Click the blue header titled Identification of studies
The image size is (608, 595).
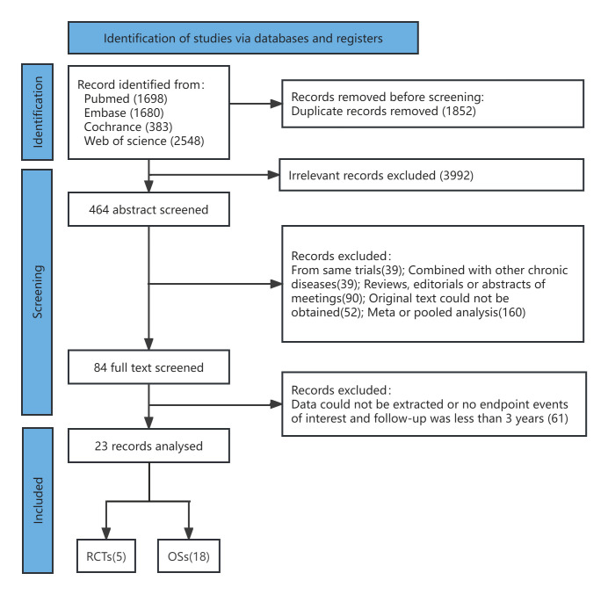243,38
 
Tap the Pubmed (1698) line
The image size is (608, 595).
126,98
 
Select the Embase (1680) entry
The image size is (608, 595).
124,112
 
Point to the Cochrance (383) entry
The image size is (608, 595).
128,127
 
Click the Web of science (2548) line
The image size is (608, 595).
144,141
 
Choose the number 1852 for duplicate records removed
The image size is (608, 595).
459,111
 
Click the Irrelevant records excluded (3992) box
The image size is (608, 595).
431,175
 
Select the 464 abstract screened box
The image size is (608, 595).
148,209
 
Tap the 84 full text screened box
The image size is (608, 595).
148,367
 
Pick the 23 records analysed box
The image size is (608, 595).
148,446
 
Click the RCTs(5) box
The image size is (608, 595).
106,556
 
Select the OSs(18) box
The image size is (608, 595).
189,556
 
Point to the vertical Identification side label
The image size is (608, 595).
38,112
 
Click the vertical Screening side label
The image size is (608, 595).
38,292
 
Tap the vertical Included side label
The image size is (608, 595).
38,500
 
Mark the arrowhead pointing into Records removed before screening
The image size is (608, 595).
276,104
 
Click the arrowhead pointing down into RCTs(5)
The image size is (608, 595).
106,533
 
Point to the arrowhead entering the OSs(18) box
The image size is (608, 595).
189,533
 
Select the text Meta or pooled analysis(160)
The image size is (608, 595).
446,312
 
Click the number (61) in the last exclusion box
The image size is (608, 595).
558,418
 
